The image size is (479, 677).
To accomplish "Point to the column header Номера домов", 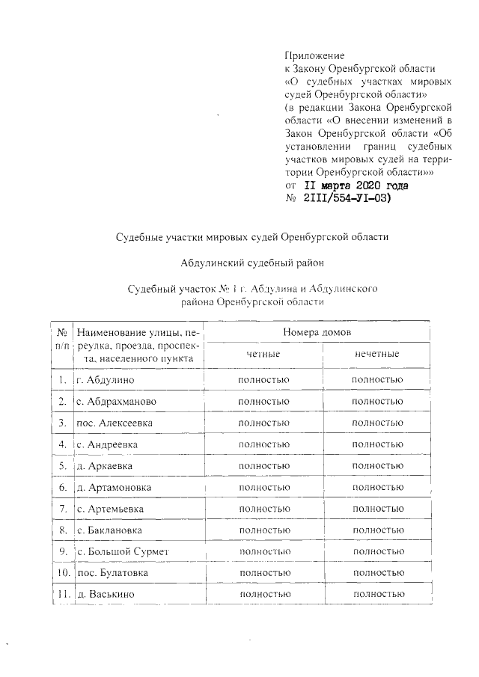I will click(x=317, y=331).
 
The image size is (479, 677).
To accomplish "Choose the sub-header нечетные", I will click(x=376, y=354).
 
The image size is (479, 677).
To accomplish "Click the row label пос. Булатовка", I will click(x=112, y=573).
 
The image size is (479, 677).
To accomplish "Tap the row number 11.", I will click(x=62, y=595).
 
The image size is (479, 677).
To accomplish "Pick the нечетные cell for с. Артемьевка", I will click(x=376, y=509).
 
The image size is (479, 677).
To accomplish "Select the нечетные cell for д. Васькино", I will click(x=376, y=595).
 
